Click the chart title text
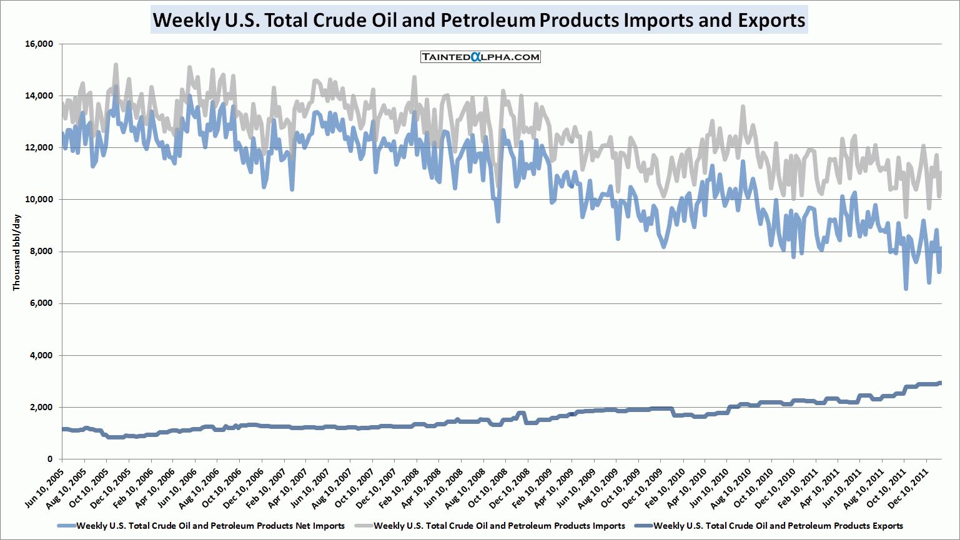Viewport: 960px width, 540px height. point(479,20)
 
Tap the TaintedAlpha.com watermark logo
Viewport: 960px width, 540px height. point(480,57)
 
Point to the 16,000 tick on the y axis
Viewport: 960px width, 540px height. point(39,44)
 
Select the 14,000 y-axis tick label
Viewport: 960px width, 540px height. point(39,96)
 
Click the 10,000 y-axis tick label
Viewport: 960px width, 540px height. point(39,199)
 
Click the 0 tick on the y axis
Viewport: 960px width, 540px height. point(50,459)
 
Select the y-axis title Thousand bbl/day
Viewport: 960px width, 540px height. point(17,252)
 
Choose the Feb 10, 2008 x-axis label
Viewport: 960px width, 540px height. point(400,484)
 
